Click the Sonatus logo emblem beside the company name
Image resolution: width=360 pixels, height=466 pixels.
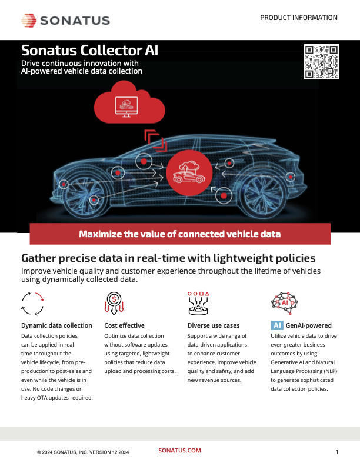click(29, 21)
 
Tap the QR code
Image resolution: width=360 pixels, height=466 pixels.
click(321, 62)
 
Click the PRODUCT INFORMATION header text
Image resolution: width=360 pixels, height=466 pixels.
click(298, 18)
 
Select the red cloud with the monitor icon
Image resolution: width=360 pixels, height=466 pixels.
click(129, 103)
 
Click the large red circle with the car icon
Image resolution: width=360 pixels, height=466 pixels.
click(189, 173)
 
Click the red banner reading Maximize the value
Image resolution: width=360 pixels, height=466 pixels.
click(180, 234)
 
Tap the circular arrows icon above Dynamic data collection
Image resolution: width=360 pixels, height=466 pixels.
click(33, 304)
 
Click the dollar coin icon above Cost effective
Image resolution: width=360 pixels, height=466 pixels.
click(114, 304)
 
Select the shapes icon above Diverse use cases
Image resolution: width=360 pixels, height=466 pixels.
click(198, 303)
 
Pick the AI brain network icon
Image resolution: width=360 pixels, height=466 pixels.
click(284, 303)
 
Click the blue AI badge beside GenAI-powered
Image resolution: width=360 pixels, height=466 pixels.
click(277, 325)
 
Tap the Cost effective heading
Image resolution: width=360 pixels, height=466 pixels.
click(124, 325)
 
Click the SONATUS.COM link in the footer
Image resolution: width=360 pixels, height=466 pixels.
click(179, 450)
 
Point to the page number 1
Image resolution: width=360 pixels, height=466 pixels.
click(337, 452)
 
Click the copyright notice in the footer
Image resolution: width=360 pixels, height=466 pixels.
click(83, 452)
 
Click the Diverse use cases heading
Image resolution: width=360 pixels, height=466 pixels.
click(214, 325)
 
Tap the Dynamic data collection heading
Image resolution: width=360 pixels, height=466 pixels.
click(56, 325)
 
